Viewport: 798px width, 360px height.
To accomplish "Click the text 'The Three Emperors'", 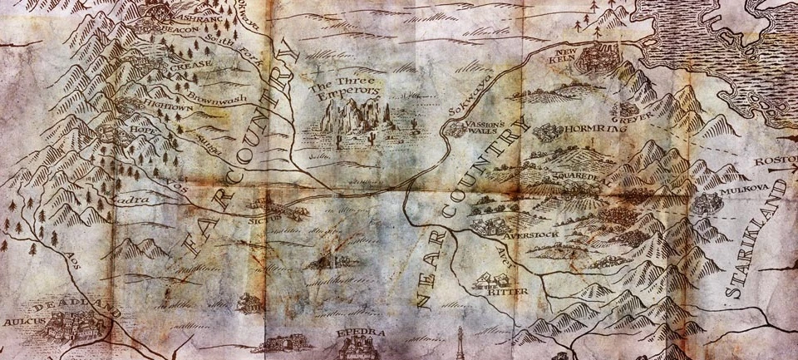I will (342, 87).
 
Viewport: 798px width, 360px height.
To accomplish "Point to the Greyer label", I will (632, 112).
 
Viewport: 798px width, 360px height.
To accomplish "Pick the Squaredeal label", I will (574, 180).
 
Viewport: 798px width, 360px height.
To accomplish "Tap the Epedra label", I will (362, 334).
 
